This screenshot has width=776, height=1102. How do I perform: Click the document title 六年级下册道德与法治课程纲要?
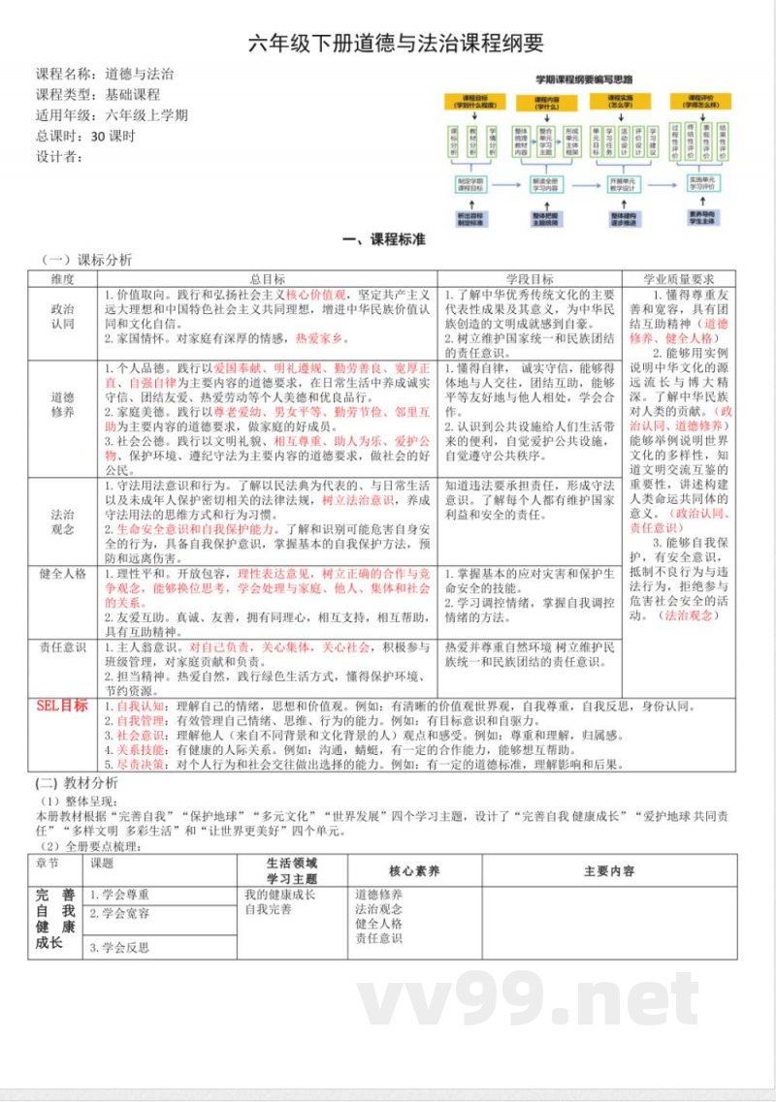pos(396,44)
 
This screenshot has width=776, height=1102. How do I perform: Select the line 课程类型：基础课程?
pos(98,94)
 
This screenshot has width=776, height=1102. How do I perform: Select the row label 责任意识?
pos(62,646)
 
